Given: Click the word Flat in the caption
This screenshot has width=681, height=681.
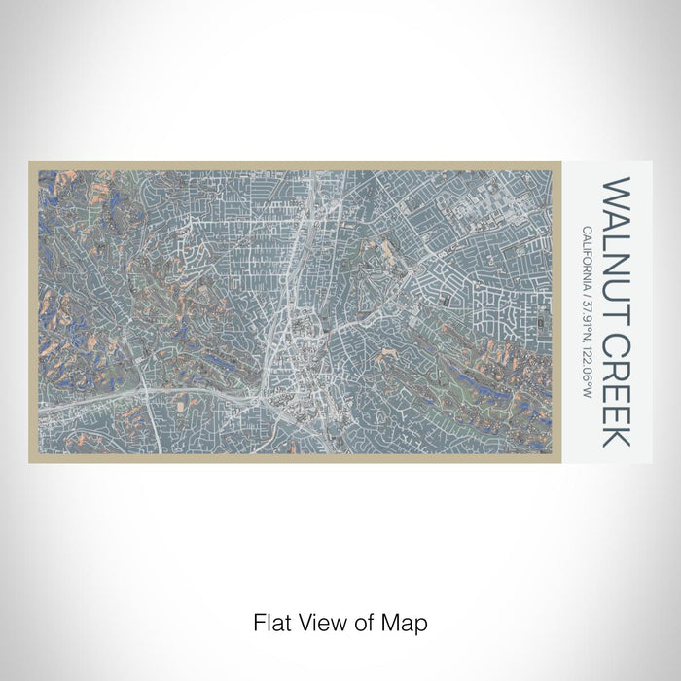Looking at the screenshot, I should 269,621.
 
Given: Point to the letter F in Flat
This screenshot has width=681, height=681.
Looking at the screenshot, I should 258,621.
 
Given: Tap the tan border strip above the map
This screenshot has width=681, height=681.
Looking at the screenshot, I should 292,161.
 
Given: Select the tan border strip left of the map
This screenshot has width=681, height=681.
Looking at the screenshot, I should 33,311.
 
